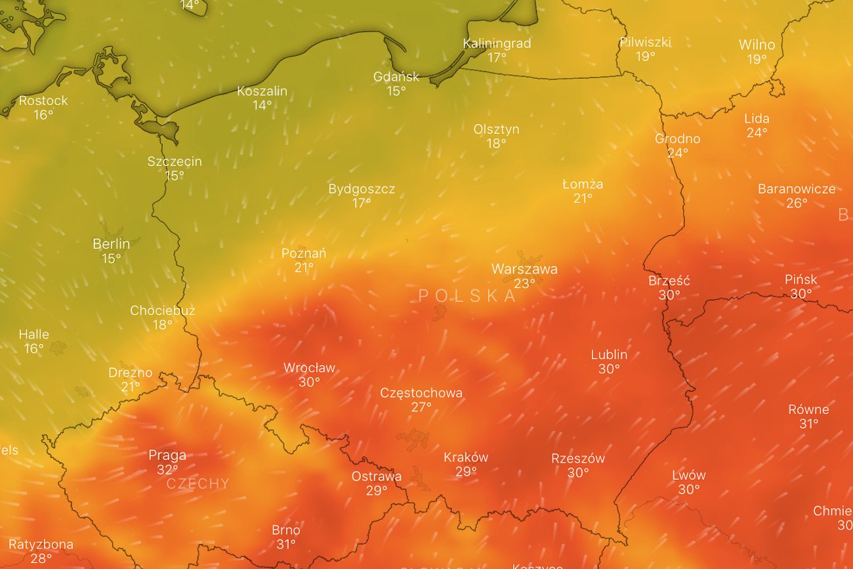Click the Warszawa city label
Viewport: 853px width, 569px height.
point(524,269)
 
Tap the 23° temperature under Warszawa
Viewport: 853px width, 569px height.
point(524,284)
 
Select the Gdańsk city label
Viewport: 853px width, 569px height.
point(396,77)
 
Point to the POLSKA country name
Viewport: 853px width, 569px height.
point(467,296)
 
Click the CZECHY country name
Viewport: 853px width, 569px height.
point(198,484)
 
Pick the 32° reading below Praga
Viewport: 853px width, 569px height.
point(167,470)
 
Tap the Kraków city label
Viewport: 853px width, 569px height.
point(466,457)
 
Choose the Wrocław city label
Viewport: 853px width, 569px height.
point(309,368)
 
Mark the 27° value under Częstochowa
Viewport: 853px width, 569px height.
point(421,408)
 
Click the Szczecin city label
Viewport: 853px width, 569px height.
point(175,161)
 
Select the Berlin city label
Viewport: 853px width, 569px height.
point(111,244)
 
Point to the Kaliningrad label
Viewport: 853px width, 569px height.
point(497,43)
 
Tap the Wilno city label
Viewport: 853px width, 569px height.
point(757,45)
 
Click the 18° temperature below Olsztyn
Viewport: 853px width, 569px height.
point(496,144)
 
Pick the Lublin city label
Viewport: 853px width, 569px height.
point(609,355)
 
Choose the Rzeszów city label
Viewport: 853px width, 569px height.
point(577,459)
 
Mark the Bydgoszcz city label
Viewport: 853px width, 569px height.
point(362,189)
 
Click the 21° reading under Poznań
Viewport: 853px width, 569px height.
point(304,268)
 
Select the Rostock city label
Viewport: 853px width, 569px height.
point(43,100)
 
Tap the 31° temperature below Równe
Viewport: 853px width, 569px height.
point(808,424)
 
